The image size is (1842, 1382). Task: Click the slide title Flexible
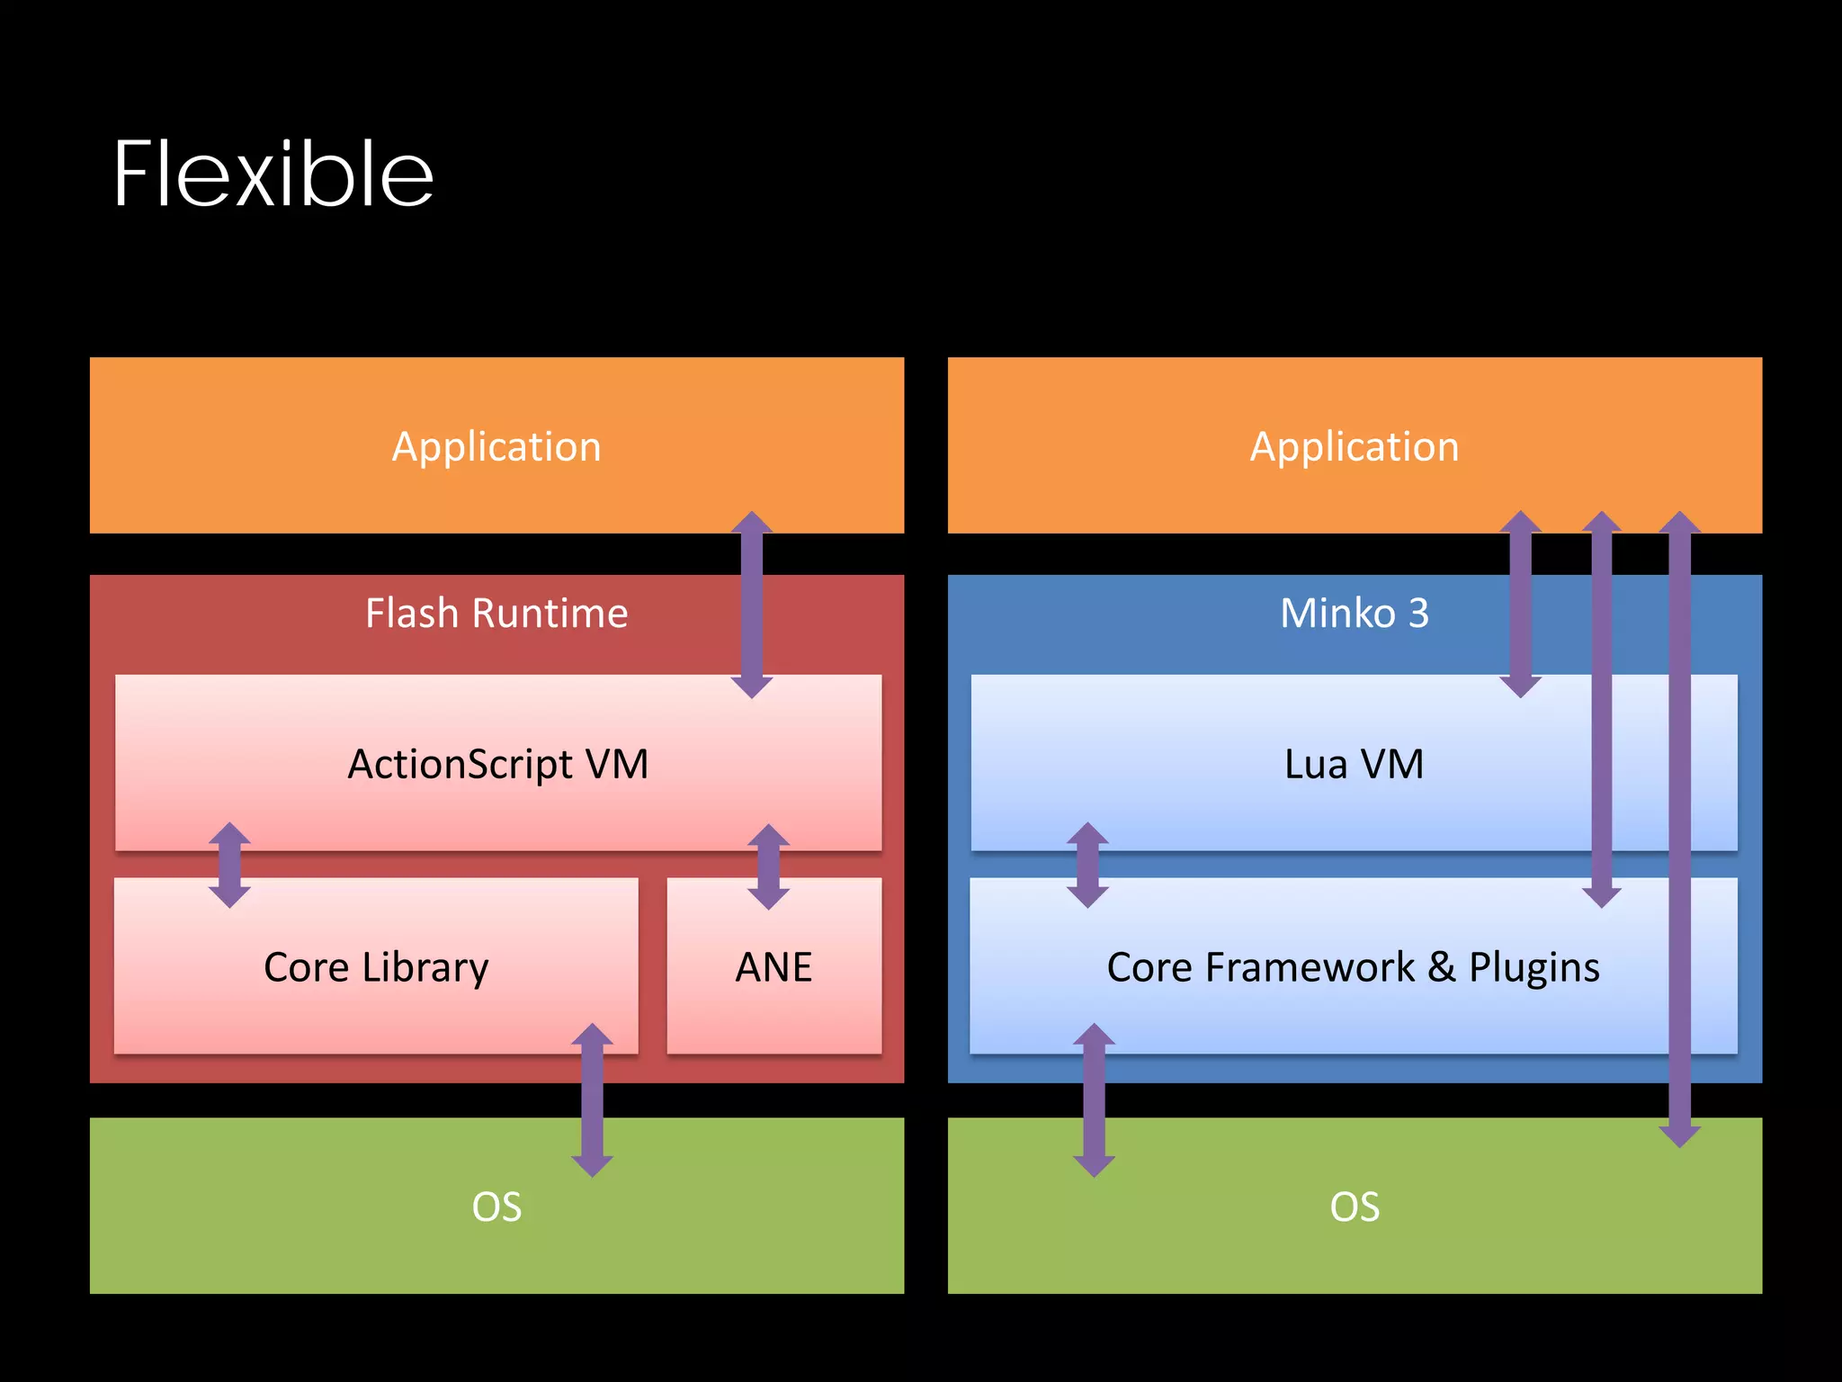[273, 175]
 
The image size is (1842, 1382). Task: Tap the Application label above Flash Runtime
[496, 446]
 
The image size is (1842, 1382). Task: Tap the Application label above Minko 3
[1355, 446]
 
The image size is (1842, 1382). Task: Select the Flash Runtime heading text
[496, 614]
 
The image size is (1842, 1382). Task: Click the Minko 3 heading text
[1355, 614]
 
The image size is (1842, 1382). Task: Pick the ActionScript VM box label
[498, 765]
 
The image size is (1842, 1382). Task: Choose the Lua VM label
[1355, 765]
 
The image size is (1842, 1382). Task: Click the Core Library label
[376, 968]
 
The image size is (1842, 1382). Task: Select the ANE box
[773, 968]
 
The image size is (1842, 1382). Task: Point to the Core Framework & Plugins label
[1353, 968]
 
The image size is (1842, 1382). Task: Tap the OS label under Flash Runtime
[496, 1207]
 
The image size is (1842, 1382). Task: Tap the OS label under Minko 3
[1355, 1207]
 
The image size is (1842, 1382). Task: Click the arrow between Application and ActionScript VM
[752, 605]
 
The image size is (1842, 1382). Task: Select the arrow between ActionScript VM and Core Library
[229, 865]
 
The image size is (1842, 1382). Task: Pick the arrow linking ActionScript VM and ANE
[769, 866]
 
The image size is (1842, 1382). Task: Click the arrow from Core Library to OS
[592, 1099]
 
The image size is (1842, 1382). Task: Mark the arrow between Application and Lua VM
[1521, 605]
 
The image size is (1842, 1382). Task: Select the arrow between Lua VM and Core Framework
[1087, 865]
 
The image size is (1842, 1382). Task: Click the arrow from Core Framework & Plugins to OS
[1094, 1099]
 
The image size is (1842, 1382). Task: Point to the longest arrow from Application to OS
[1679, 828]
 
